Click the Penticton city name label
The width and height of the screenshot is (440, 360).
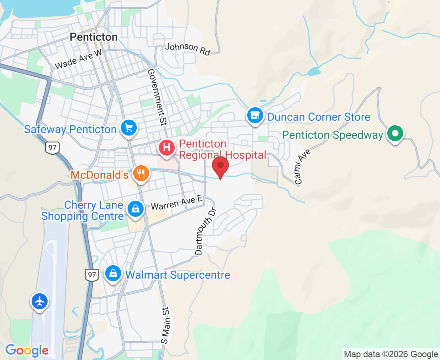click(x=94, y=37)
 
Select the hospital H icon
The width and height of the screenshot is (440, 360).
click(x=167, y=148)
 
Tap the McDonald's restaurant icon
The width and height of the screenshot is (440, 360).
click(x=140, y=174)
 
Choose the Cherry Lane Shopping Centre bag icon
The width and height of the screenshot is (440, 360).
click(x=136, y=209)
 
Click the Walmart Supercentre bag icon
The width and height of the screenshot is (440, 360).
click(x=114, y=274)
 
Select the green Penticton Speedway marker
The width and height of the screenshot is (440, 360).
click(x=395, y=134)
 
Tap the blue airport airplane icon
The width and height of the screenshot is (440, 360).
click(x=40, y=301)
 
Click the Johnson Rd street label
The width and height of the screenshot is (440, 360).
click(x=188, y=49)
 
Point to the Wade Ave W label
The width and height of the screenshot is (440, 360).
click(x=78, y=60)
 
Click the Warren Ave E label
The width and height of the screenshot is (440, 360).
click(x=177, y=203)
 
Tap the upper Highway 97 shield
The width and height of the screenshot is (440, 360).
click(x=52, y=147)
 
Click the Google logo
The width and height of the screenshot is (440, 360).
click(x=27, y=351)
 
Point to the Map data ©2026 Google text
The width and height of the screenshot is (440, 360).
click(x=391, y=354)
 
